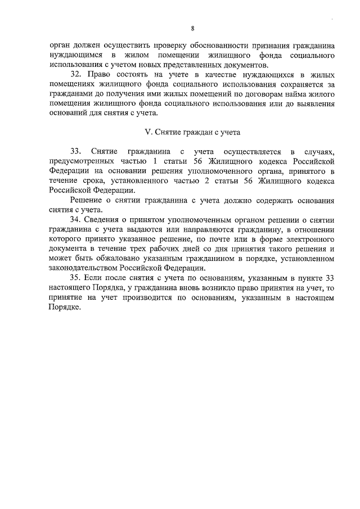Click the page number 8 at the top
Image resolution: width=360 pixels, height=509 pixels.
(192, 28)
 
